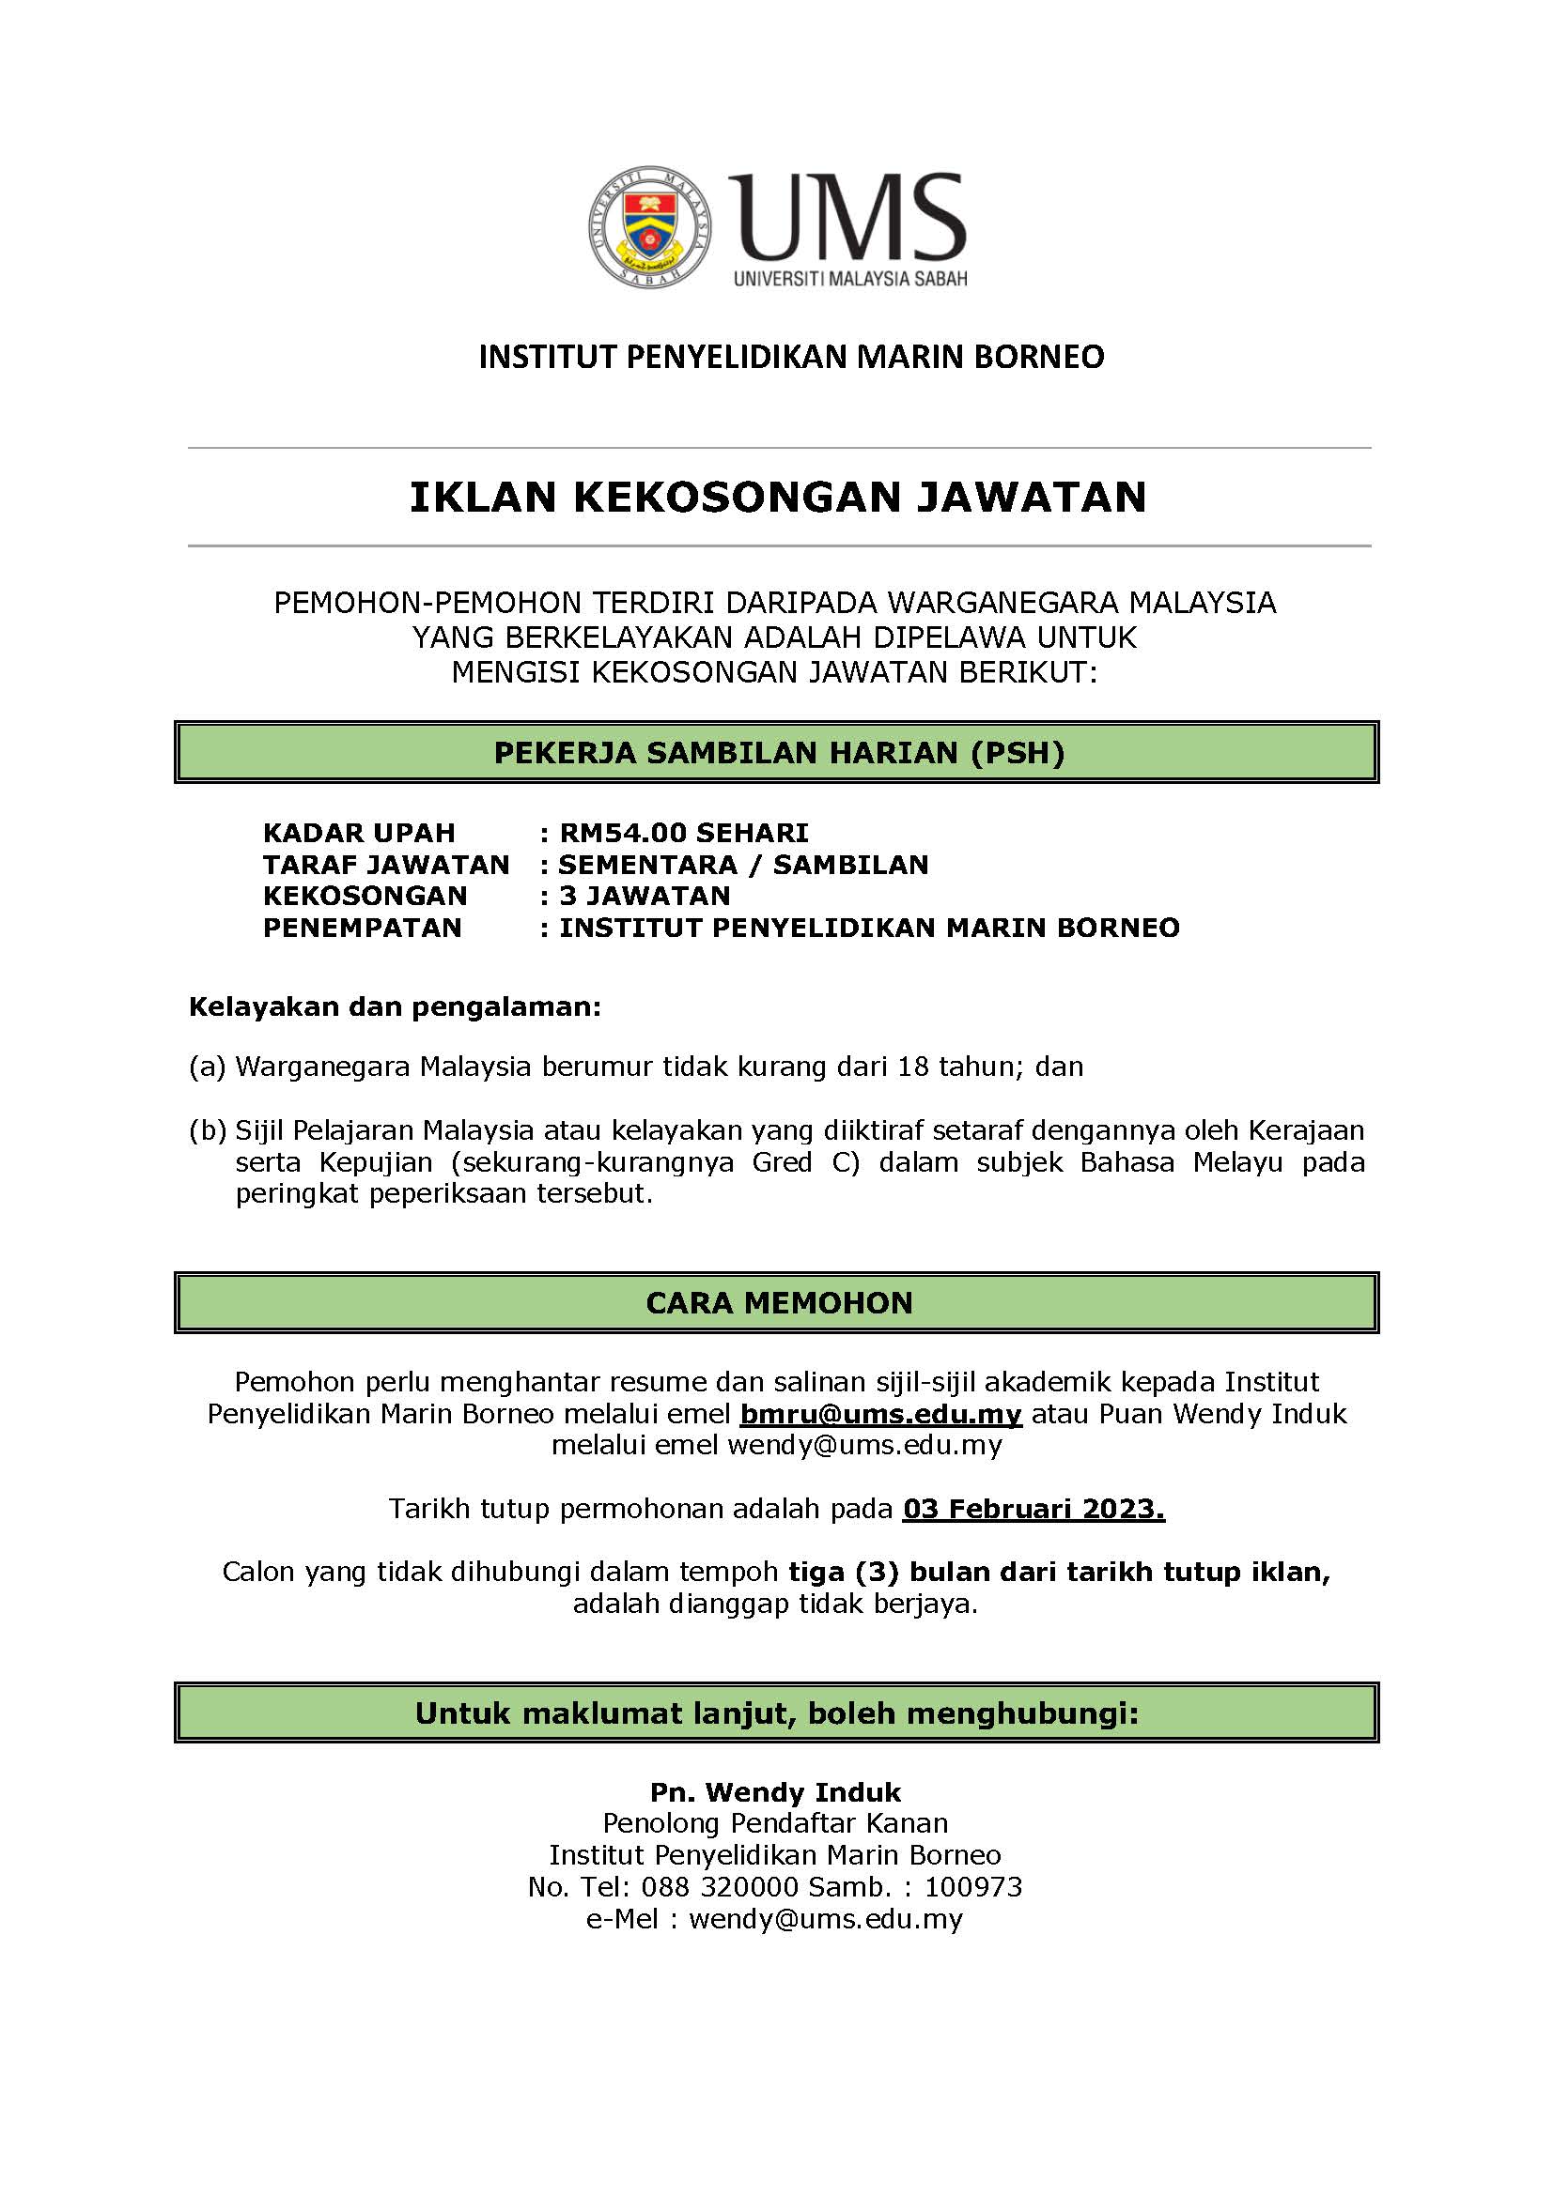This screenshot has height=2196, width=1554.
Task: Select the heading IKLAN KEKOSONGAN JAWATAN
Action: click(x=777, y=498)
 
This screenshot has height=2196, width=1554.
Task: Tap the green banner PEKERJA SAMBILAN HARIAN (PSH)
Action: click(x=777, y=753)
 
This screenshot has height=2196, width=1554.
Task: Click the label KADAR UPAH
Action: click(x=359, y=832)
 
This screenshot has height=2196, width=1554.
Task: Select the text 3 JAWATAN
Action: click(x=644, y=896)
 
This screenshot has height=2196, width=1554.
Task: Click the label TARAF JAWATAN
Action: click(x=385, y=864)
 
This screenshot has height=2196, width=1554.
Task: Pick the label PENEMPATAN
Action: click(x=362, y=927)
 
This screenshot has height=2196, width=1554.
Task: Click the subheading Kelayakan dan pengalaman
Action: click(x=395, y=1006)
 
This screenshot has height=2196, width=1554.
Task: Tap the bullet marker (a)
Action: click(x=207, y=1067)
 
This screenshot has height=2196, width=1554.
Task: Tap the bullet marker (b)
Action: click(x=207, y=1130)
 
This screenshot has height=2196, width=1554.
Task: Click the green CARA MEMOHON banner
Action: click(x=777, y=1303)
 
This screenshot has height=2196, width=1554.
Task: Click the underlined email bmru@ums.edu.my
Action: click(x=880, y=1414)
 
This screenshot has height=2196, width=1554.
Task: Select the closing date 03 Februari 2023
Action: click(x=1033, y=1510)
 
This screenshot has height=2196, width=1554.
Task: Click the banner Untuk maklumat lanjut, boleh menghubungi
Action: click(x=777, y=1713)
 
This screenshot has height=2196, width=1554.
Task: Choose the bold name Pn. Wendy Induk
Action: click(x=775, y=1792)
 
